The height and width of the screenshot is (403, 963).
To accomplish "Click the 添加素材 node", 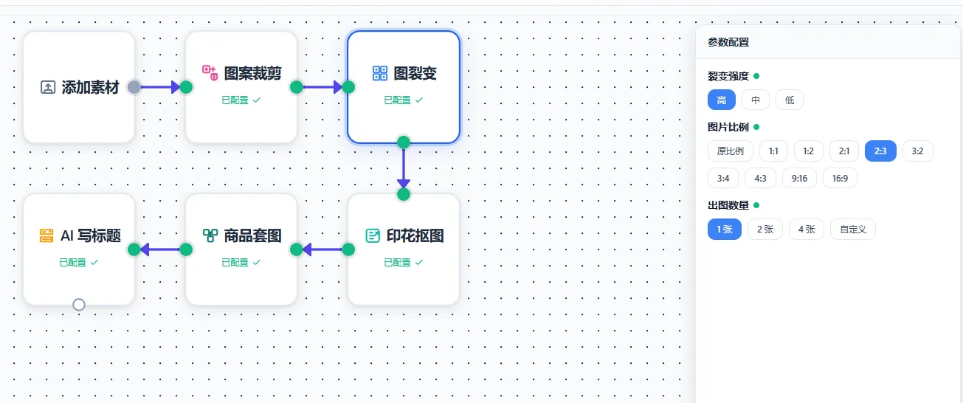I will click(x=79, y=87).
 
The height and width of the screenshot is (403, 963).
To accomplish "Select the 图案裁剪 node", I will click(x=241, y=87).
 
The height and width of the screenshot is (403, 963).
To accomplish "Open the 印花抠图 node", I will click(x=404, y=249).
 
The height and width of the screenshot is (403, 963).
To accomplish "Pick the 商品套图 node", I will click(x=241, y=249).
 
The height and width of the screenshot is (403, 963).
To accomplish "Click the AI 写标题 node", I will click(x=79, y=249).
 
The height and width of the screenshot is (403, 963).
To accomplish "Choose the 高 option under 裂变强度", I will click(x=722, y=100).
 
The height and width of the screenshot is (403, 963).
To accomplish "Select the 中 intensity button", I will click(x=756, y=100).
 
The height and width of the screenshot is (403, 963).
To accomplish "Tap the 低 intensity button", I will click(x=790, y=100).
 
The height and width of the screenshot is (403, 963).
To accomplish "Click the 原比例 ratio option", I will click(x=731, y=151).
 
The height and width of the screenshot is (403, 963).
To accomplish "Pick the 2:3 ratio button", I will click(x=880, y=151).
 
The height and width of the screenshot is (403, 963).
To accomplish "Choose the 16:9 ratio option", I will click(x=840, y=178).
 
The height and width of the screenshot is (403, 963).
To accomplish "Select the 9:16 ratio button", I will click(x=799, y=178).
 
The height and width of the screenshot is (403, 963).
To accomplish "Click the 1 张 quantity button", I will click(x=724, y=229).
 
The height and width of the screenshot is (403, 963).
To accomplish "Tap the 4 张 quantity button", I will click(x=806, y=229).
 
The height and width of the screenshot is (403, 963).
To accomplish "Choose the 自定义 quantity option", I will click(x=853, y=229).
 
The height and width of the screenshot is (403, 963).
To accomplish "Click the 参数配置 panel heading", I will click(x=728, y=43).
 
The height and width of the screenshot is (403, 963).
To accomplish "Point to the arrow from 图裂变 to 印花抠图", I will click(x=403, y=168).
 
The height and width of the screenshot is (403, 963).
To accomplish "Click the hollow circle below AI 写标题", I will click(x=79, y=304).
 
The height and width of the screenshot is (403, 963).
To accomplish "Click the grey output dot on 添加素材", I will click(x=134, y=87).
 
